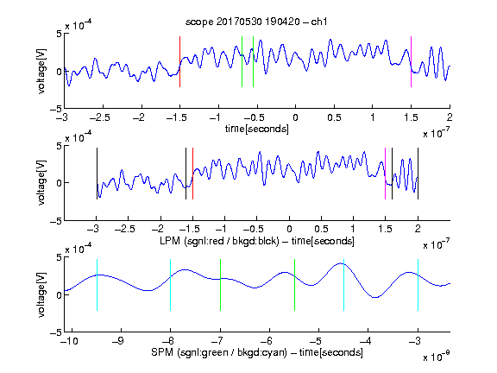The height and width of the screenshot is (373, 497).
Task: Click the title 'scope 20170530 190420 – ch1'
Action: click(256, 22)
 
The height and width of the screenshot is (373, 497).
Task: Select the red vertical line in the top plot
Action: click(179, 61)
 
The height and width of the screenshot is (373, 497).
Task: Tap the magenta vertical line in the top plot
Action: click(411, 61)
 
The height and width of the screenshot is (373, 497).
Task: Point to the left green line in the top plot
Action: click(242, 61)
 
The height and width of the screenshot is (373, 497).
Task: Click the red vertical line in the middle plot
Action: click(192, 174)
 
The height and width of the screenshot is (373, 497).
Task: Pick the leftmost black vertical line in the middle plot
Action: click(97, 174)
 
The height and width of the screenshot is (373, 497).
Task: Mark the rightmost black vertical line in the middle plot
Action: click(418, 174)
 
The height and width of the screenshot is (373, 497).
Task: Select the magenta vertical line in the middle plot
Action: click(385, 174)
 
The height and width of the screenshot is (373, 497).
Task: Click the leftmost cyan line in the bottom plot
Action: click(97, 285)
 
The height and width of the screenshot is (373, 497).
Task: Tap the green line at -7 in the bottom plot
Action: click(220, 285)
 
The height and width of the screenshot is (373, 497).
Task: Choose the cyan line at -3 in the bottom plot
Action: click(418, 285)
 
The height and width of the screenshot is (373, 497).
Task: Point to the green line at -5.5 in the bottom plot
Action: click(294, 285)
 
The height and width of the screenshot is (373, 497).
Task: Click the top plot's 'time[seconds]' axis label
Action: click(257, 129)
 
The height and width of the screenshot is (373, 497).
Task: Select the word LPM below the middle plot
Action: click(170, 240)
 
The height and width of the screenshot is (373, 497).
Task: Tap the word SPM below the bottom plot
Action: click(162, 352)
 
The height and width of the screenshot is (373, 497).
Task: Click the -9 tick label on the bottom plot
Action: click(118, 341)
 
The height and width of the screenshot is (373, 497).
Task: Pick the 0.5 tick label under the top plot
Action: click(334, 117)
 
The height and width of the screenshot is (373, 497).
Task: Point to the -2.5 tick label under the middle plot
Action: click(124, 229)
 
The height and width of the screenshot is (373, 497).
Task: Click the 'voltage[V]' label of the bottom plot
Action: click(41, 294)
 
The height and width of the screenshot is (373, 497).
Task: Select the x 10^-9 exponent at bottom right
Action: click(436, 357)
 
